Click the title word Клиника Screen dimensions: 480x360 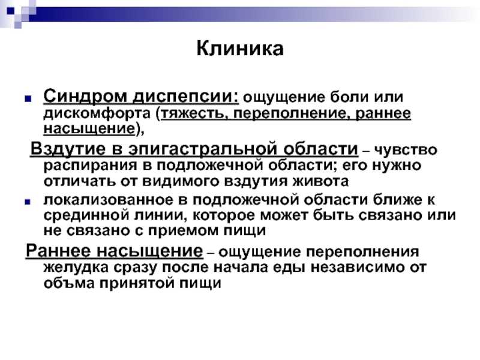point(240,49)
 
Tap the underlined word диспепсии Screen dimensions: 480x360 point(185,97)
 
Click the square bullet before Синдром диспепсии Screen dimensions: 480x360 point(28,98)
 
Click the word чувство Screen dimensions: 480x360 point(406,150)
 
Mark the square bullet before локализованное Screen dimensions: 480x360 point(28,202)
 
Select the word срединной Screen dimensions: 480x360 point(86,215)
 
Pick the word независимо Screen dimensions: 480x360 point(353,267)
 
